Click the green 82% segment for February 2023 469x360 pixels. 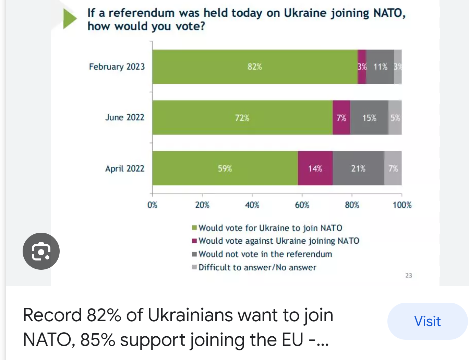click(x=255, y=67)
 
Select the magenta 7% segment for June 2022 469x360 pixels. click(x=341, y=118)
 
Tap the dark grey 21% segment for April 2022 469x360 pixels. click(x=358, y=169)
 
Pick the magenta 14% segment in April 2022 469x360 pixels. click(x=315, y=169)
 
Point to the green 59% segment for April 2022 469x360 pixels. click(x=225, y=169)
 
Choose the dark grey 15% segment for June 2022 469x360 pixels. click(x=369, y=118)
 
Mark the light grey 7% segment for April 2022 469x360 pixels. click(x=393, y=169)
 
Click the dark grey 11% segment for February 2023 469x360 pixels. click(x=380, y=67)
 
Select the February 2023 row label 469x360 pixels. click(x=117, y=67)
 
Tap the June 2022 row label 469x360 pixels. click(x=125, y=117)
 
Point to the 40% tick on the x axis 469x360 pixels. click(x=252, y=205)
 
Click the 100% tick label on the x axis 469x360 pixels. click(x=402, y=205)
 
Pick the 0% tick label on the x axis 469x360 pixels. click(x=152, y=205)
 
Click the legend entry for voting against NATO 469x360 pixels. click(x=278, y=241)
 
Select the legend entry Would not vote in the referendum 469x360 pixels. click(x=265, y=254)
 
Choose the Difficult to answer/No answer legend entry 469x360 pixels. click(x=257, y=267)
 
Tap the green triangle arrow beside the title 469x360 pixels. click(x=70, y=19)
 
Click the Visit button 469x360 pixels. click(x=427, y=321)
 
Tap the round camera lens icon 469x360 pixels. click(x=41, y=251)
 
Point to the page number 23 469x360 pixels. click(x=409, y=276)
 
